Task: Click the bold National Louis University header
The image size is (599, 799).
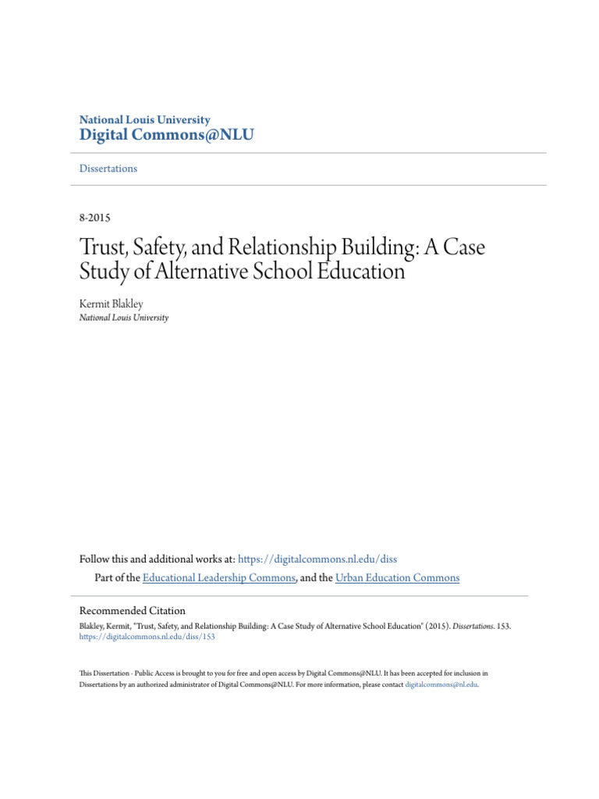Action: point(145,120)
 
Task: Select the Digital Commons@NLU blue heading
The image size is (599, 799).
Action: point(167,136)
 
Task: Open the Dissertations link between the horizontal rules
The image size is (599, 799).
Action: point(108,169)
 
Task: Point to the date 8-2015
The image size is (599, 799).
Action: point(97,218)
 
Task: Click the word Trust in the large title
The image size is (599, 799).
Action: point(105,249)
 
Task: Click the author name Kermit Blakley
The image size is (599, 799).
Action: point(112,304)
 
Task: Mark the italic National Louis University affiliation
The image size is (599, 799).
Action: point(124,318)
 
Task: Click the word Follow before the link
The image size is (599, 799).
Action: point(96,559)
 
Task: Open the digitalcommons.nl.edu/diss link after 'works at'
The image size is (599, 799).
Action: point(317,559)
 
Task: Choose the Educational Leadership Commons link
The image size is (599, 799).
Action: point(218,578)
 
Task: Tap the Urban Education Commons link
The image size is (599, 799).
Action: point(398,578)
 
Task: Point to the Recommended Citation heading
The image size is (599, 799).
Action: point(133,611)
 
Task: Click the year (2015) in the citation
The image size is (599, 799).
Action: point(427,626)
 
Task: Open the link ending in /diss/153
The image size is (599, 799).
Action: point(147,637)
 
